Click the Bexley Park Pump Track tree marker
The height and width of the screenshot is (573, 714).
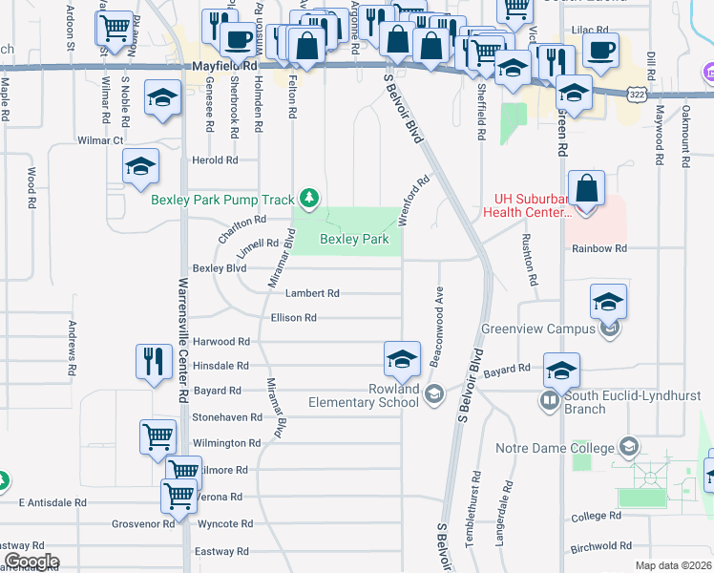[308, 199]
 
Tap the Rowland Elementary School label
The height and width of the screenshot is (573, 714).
[365, 395]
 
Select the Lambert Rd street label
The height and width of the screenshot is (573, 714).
[313, 294]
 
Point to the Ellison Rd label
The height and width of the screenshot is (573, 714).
[294, 318]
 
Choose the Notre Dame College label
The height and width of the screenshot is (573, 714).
[556, 448]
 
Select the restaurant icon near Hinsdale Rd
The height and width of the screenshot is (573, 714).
[153, 361]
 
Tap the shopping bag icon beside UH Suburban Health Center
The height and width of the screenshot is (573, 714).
[587, 188]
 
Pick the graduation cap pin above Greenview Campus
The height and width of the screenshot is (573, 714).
[608, 302]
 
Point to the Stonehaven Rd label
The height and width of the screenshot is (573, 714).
[227, 417]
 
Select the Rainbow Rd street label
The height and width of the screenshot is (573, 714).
[599, 248]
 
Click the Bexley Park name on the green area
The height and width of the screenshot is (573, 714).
[354, 240]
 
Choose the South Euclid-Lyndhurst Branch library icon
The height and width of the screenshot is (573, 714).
[551, 399]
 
